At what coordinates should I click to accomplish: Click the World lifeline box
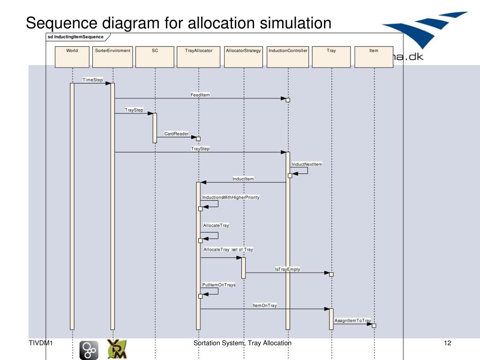(72, 57)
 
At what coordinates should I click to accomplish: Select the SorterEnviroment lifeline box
(112, 57)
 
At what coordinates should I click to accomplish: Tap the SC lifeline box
(155, 57)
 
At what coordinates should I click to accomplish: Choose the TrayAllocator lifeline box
(198, 57)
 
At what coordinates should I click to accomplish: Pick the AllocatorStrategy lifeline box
(243, 57)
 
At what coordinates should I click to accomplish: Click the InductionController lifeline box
(288, 57)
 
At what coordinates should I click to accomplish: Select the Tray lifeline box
(331, 57)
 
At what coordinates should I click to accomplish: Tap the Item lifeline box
(374, 57)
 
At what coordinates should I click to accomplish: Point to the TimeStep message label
(93, 80)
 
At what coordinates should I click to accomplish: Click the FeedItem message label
(200, 95)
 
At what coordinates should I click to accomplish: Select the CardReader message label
(176, 134)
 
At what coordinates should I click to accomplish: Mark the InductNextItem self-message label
(307, 164)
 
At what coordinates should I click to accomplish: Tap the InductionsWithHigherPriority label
(231, 197)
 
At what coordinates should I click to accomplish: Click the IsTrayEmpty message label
(287, 269)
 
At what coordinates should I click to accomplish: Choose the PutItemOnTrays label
(219, 285)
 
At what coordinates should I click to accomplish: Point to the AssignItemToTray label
(352, 320)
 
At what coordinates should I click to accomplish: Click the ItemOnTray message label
(265, 305)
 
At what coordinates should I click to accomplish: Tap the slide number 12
(447, 343)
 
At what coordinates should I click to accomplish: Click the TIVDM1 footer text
(40, 343)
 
